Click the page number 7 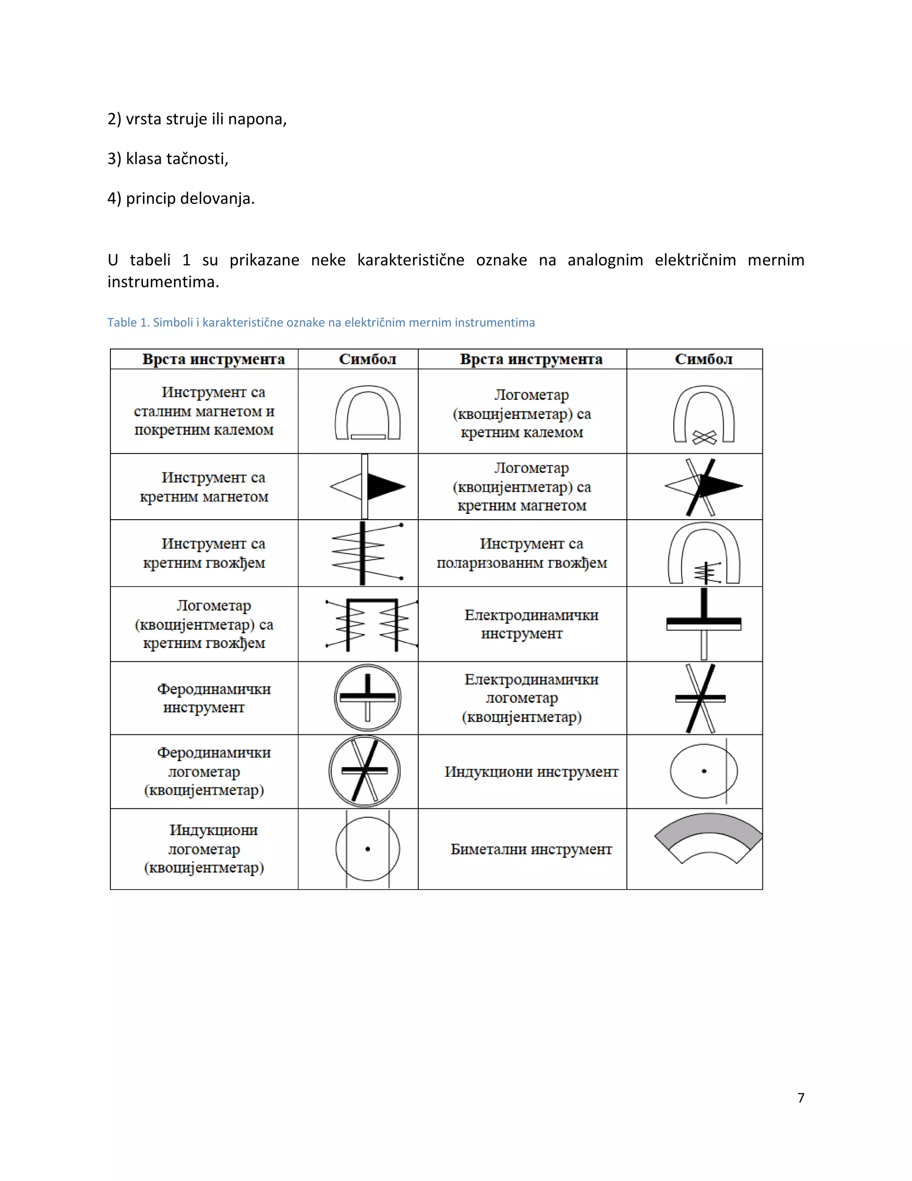tap(801, 1097)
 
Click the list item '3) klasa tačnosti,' tap(168, 159)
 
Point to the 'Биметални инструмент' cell tap(531, 849)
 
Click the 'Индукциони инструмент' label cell tap(531, 771)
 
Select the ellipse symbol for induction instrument tap(704, 771)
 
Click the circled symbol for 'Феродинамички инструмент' tap(367, 697)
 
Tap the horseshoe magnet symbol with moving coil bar tap(367, 412)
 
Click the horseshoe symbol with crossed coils tap(704, 414)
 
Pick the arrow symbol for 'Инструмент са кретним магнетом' tap(367, 486)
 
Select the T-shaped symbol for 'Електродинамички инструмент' tap(704, 623)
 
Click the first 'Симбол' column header tap(367, 359)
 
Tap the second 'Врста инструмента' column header tap(531, 359)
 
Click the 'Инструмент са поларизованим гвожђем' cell tap(522, 553)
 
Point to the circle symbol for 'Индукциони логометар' tap(367, 849)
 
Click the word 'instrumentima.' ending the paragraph tap(163, 282)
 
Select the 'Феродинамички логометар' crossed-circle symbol tap(365, 771)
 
